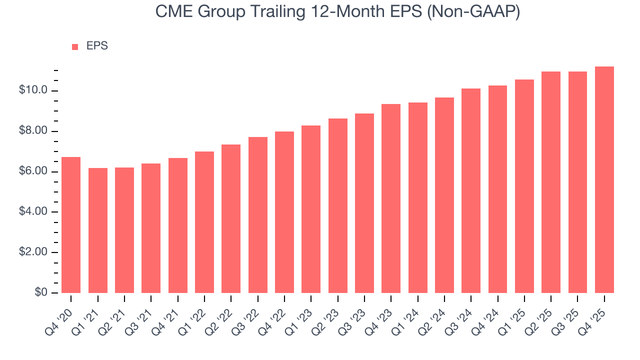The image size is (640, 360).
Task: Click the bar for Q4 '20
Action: click(71, 225)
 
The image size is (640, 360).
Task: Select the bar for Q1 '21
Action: click(97, 230)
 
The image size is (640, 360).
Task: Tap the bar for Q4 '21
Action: click(177, 225)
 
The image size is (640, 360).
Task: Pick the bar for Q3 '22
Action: click(257, 215)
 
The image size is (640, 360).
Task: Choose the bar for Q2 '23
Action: click(337, 205)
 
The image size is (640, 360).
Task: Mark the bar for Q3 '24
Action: click(471, 190)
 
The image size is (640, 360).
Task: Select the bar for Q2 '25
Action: click(551, 182)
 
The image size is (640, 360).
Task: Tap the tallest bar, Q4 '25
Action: click(604, 179)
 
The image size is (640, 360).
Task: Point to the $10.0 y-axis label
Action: click(33, 90)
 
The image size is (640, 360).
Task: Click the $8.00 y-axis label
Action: click(33, 131)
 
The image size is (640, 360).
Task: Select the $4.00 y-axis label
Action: click(33, 212)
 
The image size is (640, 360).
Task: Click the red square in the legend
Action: click(75, 46)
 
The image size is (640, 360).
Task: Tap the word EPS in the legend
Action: click(97, 46)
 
